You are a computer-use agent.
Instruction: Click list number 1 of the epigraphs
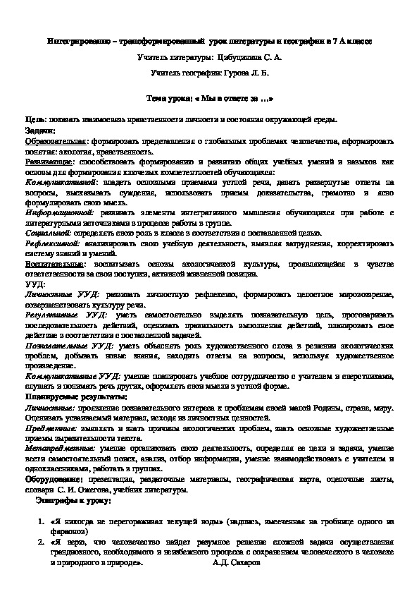point(39,521)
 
